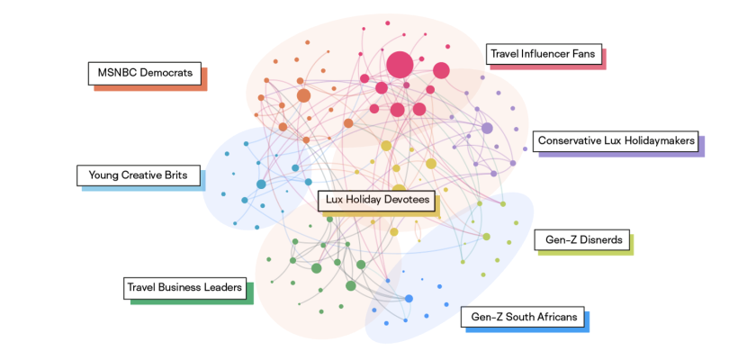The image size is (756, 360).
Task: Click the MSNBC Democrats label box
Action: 145,73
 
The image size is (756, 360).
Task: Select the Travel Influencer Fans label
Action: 544,54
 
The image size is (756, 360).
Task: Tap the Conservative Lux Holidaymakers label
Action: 616,140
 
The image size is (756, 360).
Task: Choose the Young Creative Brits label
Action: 139,175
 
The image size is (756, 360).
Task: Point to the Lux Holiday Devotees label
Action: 377,200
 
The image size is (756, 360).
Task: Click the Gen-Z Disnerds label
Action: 582,239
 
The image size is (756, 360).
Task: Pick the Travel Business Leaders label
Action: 184,288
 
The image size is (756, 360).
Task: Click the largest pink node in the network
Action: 400,65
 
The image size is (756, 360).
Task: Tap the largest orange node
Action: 303,95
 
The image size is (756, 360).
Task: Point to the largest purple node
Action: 487,128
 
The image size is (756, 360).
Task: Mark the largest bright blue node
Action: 409,299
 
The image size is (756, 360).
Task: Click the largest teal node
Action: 261,184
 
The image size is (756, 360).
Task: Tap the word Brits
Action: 175,175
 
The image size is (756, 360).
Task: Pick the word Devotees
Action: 408,200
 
